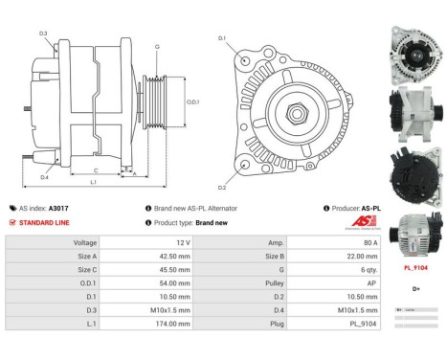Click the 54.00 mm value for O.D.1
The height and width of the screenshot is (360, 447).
coord(171,283)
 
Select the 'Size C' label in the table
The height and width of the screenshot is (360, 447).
coord(83,270)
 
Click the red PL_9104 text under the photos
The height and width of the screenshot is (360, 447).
coord(415,269)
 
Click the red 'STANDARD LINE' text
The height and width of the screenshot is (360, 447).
coord(44,222)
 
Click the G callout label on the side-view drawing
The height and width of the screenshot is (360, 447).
coord(155,47)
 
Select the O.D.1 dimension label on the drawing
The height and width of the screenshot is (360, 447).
coord(192,102)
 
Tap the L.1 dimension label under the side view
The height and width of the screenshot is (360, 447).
coord(93,182)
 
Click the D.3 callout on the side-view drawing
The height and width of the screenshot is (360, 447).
coord(44,34)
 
